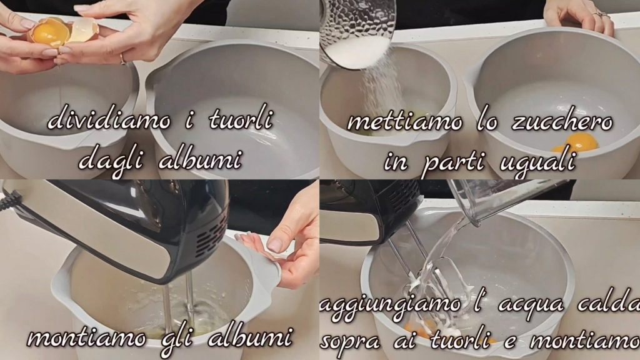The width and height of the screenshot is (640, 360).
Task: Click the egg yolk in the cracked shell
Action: (48, 32)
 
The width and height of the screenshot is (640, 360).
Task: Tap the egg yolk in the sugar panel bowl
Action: (581, 142)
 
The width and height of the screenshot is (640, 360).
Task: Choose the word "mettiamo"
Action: (404, 121)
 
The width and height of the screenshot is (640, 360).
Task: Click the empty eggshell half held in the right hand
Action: (83, 30)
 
